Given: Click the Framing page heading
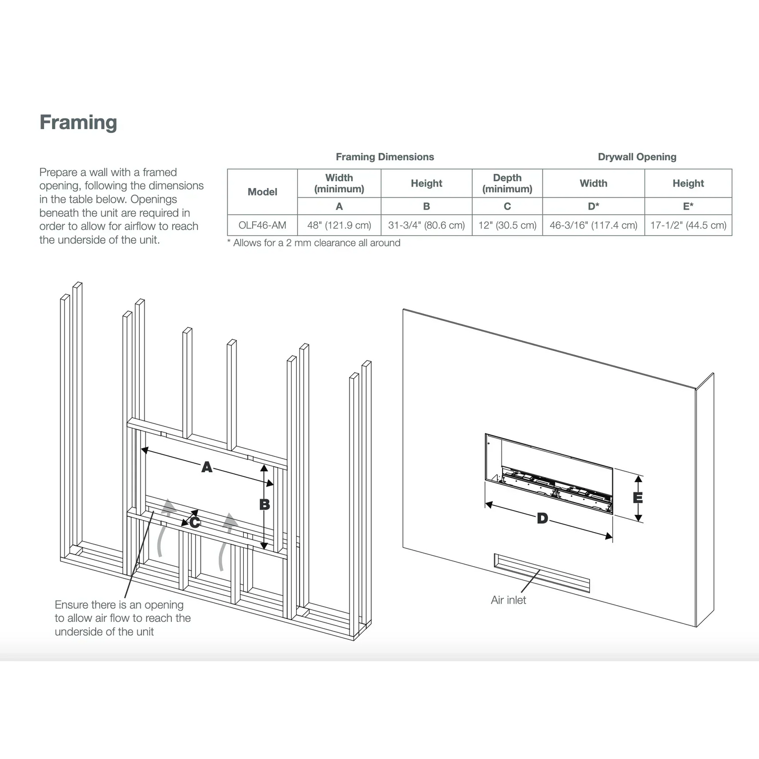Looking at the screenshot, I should pyautogui.click(x=78, y=122).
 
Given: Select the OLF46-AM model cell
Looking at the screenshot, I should pyautogui.click(x=262, y=225).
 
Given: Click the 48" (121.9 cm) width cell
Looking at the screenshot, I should pyautogui.click(x=339, y=225).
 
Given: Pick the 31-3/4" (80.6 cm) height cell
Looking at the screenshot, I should pyautogui.click(x=426, y=225).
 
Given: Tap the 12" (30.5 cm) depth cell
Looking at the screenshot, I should pyautogui.click(x=507, y=225).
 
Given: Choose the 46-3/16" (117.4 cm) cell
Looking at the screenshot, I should pyautogui.click(x=593, y=225).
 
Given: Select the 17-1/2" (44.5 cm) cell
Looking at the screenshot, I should pyautogui.click(x=688, y=225).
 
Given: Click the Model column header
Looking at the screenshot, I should pyautogui.click(x=262, y=192).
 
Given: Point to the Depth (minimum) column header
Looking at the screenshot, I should pyautogui.click(x=507, y=183).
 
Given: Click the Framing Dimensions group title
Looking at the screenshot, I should pyautogui.click(x=384, y=157).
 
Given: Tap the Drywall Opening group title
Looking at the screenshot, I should pyautogui.click(x=637, y=157).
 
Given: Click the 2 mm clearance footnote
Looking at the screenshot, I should pyautogui.click(x=314, y=243).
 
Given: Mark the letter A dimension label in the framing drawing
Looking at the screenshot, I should pyautogui.click(x=207, y=467).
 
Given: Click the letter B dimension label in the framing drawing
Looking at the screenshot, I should pyautogui.click(x=264, y=505).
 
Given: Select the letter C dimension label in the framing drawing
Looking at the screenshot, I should pyautogui.click(x=195, y=523).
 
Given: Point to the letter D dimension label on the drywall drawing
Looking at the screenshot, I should pyautogui.click(x=542, y=519).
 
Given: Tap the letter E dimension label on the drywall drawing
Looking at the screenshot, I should pyautogui.click(x=638, y=498).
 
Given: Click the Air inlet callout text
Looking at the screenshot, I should pyautogui.click(x=508, y=600).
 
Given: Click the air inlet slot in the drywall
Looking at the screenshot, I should pyautogui.click(x=541, y=572).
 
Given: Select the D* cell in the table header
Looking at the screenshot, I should pyautogui.click(x=593, y=206).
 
